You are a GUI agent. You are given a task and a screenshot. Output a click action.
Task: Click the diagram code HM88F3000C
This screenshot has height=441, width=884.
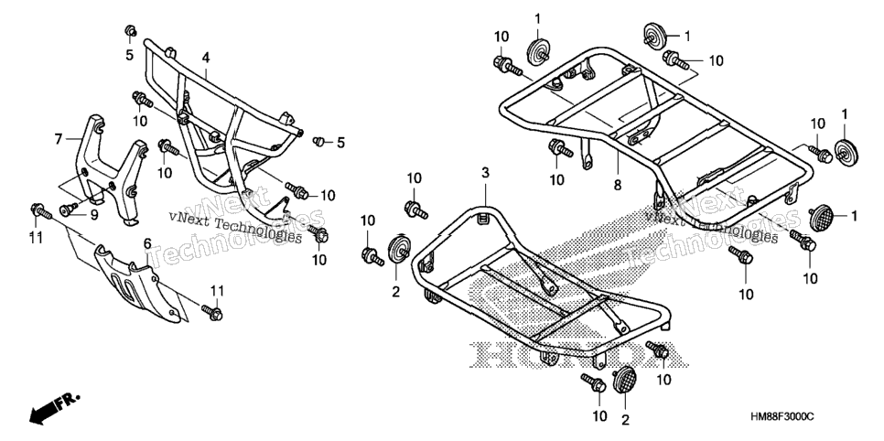coord(782,416)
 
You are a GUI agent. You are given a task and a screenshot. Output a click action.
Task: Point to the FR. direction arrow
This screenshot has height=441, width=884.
coord(55,407)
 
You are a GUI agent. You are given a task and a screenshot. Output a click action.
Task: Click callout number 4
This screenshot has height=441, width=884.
coord(206,58)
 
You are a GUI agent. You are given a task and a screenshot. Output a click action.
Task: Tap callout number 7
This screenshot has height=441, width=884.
coord(59,138)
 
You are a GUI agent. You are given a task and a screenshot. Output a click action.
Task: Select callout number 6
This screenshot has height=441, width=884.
coord(147,243)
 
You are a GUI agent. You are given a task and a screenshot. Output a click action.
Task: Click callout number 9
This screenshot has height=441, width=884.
coord(94,214)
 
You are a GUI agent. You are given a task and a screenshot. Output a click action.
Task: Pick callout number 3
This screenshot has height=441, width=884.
coord(485,173)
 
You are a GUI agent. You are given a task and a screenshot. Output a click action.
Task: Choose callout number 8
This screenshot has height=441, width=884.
coord(618,185)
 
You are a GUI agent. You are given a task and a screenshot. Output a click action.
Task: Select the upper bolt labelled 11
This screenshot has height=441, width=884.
coord(40,211)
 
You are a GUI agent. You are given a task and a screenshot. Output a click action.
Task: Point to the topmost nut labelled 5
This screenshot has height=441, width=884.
coord(130,30)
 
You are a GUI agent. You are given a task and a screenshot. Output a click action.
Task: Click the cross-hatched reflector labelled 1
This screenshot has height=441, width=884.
coord(821,219)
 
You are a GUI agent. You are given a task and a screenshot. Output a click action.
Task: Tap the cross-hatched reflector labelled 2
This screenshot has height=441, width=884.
coord(623,381)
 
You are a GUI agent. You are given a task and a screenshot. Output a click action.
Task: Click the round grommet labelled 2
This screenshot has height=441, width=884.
coord(399,250)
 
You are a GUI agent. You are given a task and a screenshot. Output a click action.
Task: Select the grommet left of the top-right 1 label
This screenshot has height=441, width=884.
coord(654,36)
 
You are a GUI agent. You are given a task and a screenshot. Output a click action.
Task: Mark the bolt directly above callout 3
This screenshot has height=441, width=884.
coord(416,210)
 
